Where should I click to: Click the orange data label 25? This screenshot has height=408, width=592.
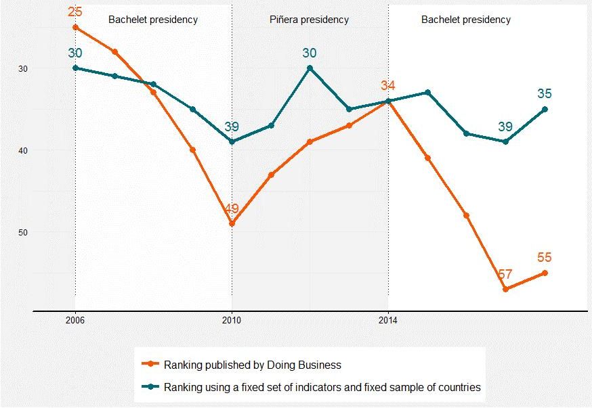click(75, 12)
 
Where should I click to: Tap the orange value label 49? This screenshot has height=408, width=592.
click(232, 209)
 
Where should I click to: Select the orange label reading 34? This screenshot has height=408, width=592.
click(388, 86)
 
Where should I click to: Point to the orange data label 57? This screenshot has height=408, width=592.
click(505, 274)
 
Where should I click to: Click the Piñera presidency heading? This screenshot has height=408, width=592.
click(310, 20)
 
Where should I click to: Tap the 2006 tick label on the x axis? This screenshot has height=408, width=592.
click(75, 321)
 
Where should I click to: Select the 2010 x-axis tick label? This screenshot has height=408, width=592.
click(232, 321)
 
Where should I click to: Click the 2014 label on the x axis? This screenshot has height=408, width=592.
click(388, 321)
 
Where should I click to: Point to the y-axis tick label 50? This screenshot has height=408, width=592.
click(24, 232)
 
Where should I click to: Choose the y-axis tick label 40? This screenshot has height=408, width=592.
click(24, 150)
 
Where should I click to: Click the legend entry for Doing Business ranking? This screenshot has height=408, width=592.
click(252, 365)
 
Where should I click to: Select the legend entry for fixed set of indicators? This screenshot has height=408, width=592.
click(322, 388)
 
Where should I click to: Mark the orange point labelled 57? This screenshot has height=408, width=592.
click(505, 290)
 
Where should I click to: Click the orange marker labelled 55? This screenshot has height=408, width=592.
click(545, 273)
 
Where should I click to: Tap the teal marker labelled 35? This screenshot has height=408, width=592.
click(545, 109)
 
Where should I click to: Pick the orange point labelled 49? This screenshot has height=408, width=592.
click(232, 224)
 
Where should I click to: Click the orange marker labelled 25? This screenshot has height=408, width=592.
click(75, 27)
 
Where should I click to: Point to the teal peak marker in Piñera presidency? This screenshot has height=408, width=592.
click(310, 68)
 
